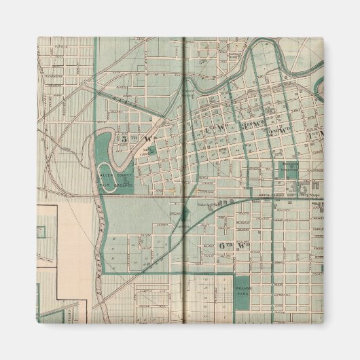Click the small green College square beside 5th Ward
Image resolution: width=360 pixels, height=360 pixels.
pos(151,150)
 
